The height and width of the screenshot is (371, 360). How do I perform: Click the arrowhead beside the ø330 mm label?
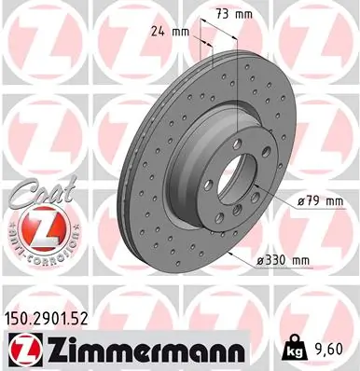pyautogui.click(x=251, y=257)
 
